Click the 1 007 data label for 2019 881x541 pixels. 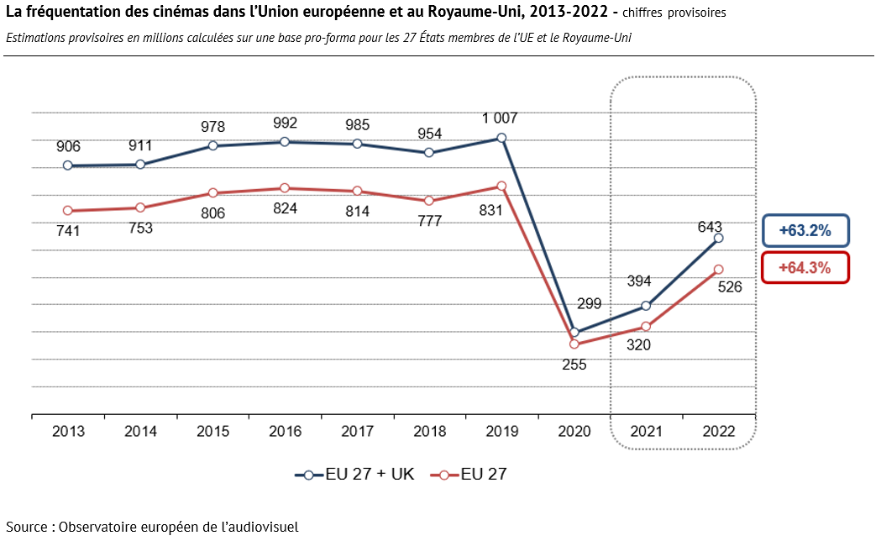[x=500, y=118]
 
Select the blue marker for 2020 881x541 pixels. [x=574, y=332]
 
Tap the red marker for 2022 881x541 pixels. [x=718, y=270]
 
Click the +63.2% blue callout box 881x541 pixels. [x=805, y=230]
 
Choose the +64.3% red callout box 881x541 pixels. [x=805, y=267]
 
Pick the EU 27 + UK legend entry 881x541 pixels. [x=354, y=474]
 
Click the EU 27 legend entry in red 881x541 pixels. [x=469, y=474]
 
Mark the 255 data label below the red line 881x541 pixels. [x=574, y=365]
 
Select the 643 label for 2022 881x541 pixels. [x=710, y=227]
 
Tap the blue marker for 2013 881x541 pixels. [x=68, y=165]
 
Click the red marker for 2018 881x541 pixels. [x=429, y=201]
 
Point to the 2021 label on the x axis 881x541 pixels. [x=646, y=432]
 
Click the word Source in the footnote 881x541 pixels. [x=27, y=527]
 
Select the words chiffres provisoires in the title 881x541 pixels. [x=674, y=13]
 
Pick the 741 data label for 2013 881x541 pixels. [x=68, y=231]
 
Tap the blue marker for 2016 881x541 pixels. [x=285, y=142]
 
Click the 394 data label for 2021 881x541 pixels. [x=639, y=281]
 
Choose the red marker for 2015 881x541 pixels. [x=213, y=192]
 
